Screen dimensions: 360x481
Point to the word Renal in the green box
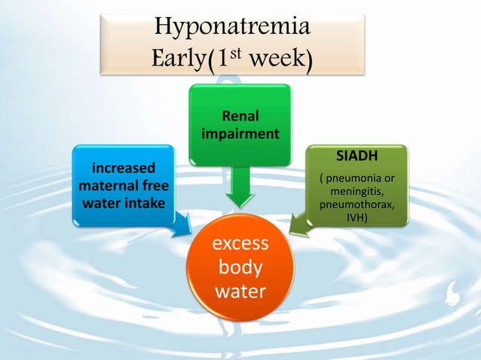click(x=240, y=117)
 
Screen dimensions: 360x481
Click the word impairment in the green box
click(x=240, y=133)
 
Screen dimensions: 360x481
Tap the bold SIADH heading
click(x=357, y=157)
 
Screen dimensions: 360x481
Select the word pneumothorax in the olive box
click(x=357, y=205)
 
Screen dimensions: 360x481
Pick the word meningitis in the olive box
click(x=357, y=192)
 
